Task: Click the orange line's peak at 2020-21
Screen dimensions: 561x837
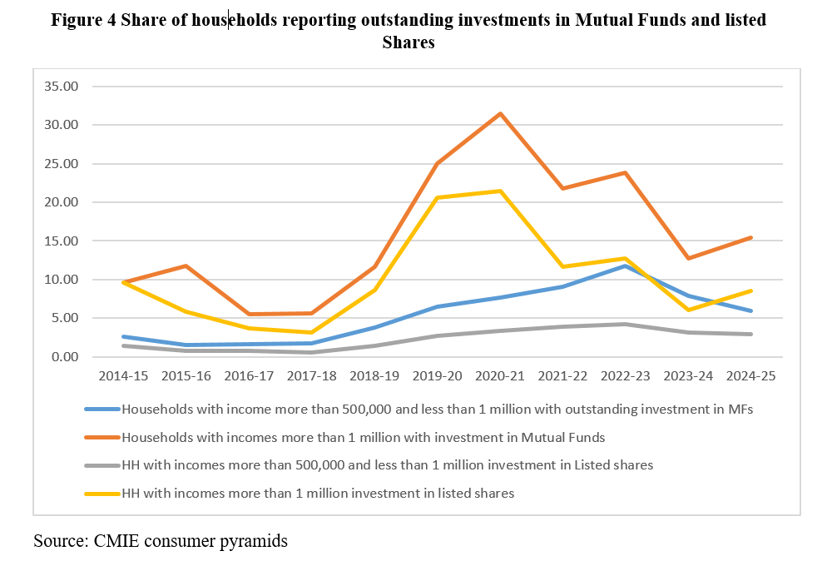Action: point(500,114)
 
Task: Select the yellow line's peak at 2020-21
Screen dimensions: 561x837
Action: point(500,191)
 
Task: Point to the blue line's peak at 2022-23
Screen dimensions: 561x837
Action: point(626,266)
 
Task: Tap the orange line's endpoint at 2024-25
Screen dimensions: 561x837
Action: point(751,238)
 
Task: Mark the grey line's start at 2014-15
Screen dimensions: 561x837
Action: point(123,345)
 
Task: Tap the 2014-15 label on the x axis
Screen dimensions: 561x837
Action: point(123,376)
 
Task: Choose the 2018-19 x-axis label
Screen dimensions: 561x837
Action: point(374,376)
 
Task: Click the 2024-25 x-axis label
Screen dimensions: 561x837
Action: point(751,376)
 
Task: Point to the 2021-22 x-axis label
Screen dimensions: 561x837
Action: point(562,376)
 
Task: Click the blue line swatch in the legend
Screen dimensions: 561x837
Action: point(102,410)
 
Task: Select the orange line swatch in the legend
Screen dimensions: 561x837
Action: point(102,437)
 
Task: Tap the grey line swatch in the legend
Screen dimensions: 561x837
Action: point(102,465)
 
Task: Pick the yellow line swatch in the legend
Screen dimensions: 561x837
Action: point(102,494)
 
